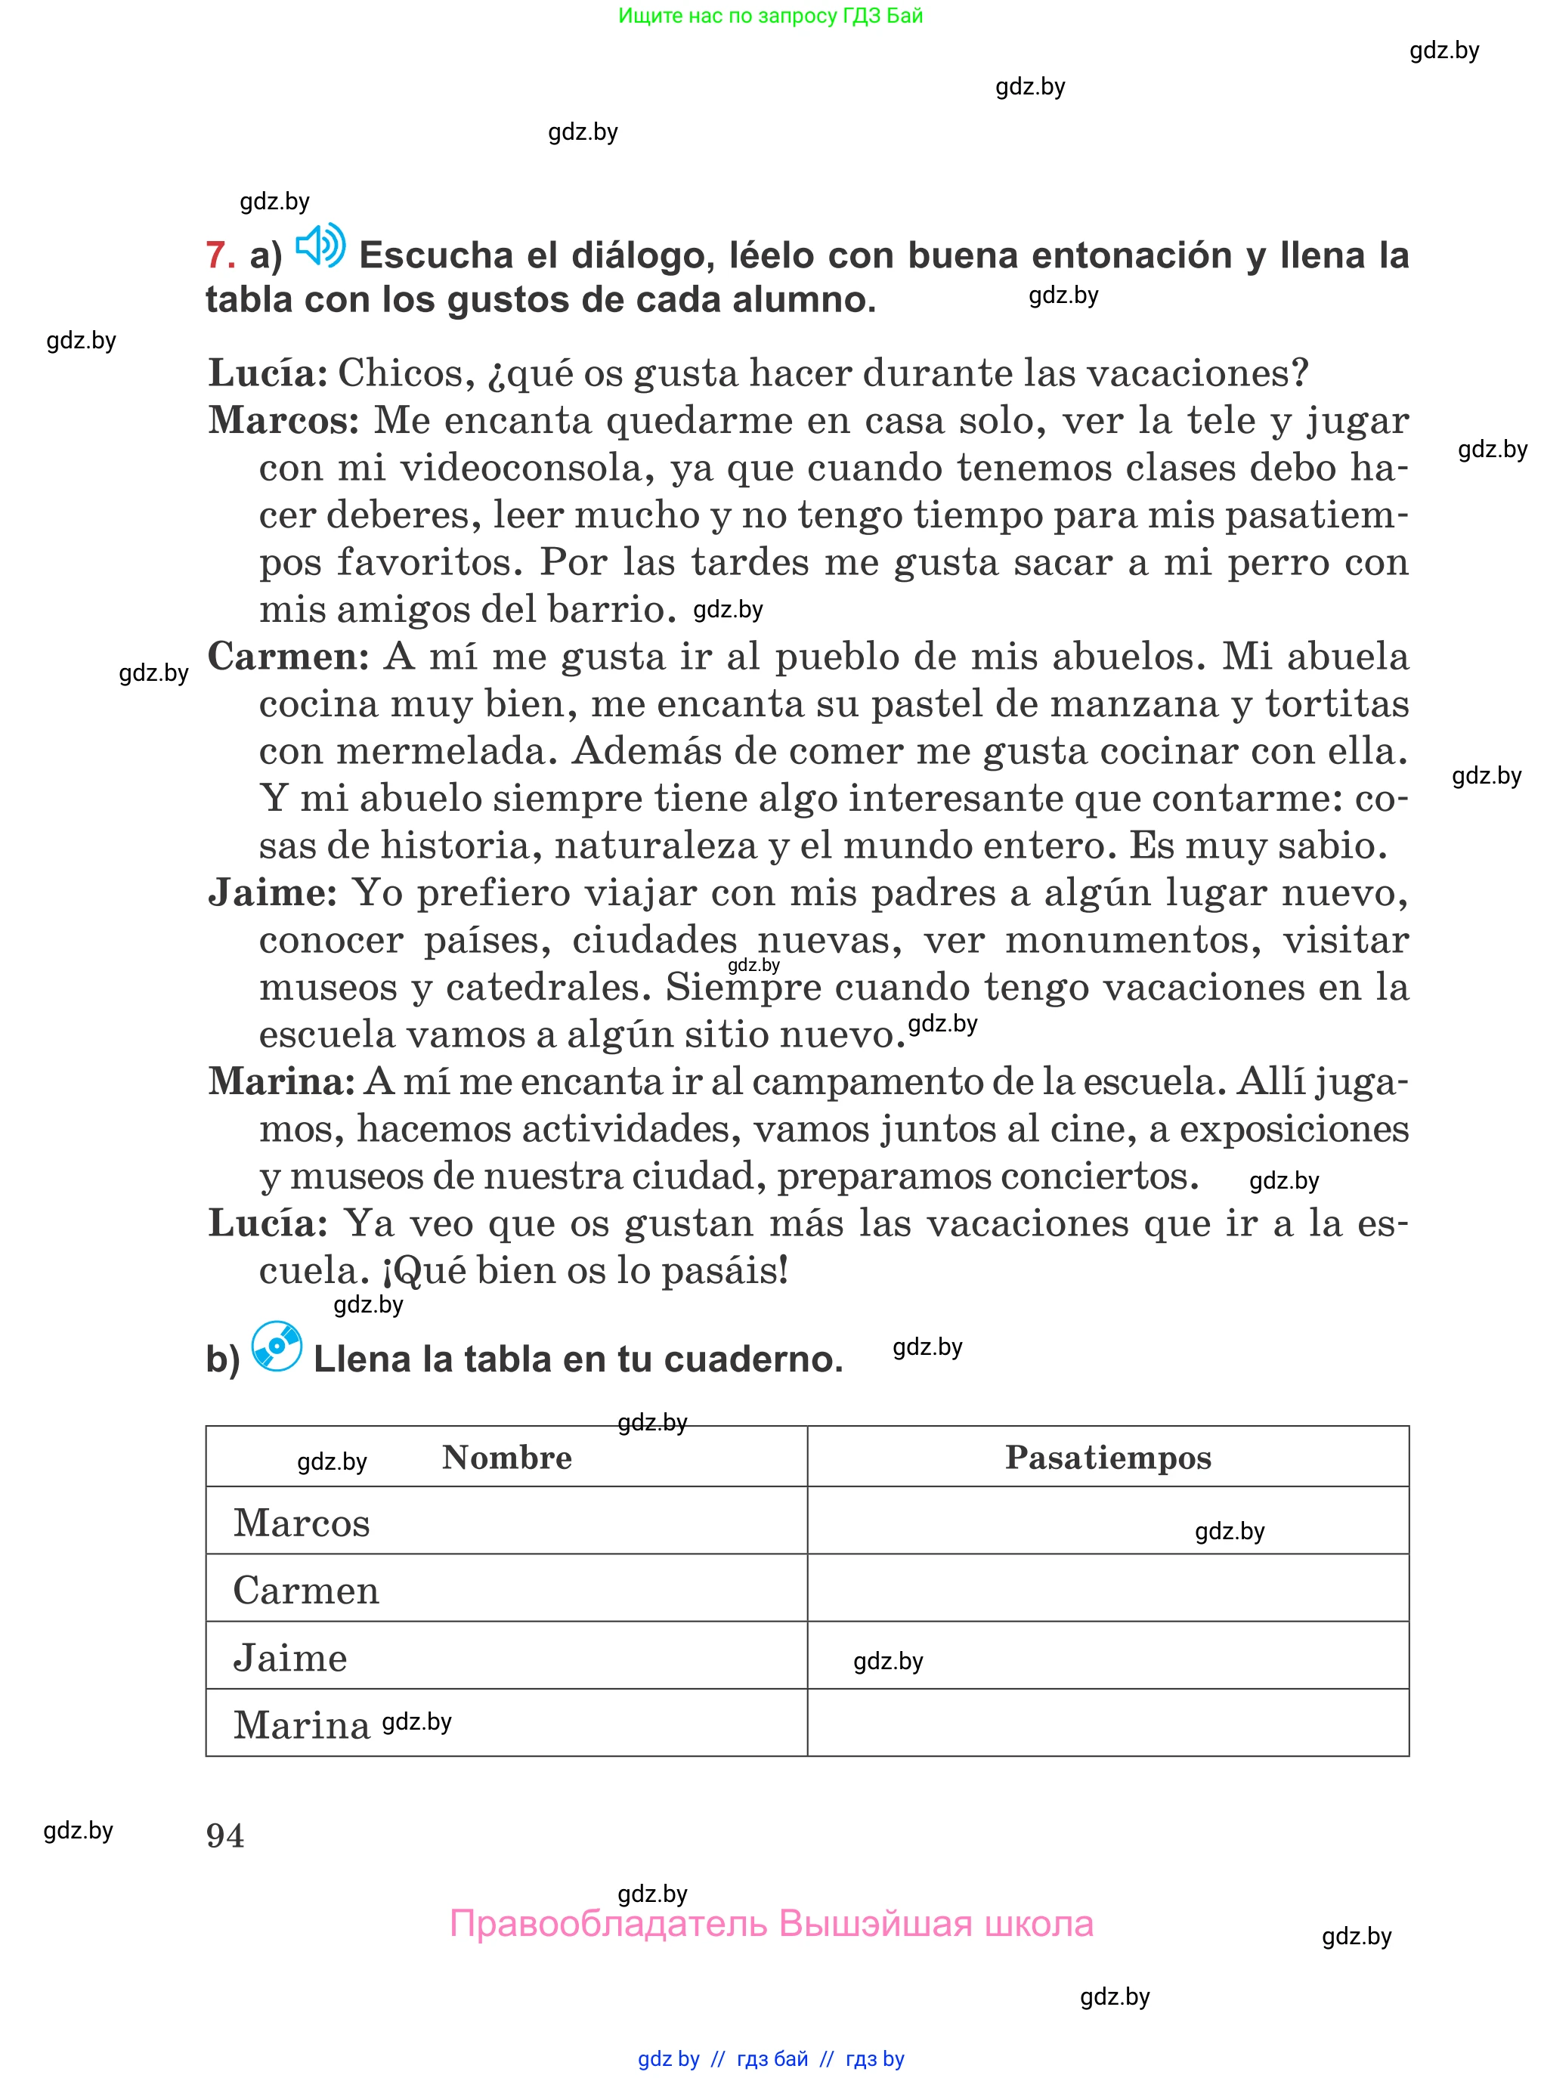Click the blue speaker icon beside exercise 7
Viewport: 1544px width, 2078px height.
(320, 246)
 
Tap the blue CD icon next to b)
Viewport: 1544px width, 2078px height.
(277, 1347)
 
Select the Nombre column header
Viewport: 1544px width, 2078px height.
(506, 1458)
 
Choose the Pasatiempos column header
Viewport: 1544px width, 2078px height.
(1107, 1458)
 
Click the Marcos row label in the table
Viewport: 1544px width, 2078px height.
(301, 1523)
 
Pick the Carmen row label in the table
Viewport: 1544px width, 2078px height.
(305, 1591)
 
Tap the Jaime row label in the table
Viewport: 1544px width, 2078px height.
(289, 1658)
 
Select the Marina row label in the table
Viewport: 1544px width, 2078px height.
(301, 1725)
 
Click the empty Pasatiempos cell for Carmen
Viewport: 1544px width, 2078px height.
(1107, 1588)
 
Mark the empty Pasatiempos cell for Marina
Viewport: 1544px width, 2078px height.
(1107, 1723)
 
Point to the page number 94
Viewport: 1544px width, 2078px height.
(225, 1836)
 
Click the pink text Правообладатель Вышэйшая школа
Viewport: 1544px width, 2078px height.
(771, 1924)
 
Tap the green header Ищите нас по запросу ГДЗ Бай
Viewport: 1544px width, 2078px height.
(770, 16)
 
